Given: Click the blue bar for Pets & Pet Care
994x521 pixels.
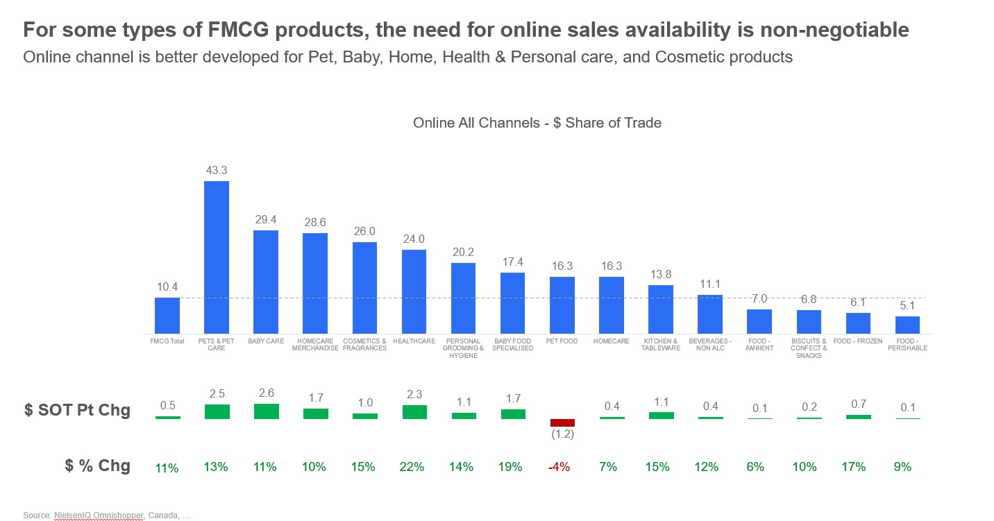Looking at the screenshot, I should [x=217, y=257].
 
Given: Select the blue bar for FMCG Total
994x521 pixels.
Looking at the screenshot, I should [x=167, y=316].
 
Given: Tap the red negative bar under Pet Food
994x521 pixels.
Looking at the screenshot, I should [x=562, y=422].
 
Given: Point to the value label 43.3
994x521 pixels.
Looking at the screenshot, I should [x=217, y=170].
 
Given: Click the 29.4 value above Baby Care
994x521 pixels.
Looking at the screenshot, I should [x=266, y=219].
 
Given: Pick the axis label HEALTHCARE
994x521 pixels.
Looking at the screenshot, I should [x=414, y=341].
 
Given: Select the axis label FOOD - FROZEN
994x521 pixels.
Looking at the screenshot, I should [x=858, y=341].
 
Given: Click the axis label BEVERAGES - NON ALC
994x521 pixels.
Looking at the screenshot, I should [x=709, y=345].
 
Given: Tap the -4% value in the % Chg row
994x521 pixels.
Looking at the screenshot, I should [x=559, y=467].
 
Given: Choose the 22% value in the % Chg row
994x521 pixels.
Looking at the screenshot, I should [x=412, y=467].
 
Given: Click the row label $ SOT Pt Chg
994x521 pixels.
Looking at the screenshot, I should [x=77, y=410].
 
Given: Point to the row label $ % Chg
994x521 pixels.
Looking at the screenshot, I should [x=98, y=466].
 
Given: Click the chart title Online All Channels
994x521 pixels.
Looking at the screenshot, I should [x=537, y=123].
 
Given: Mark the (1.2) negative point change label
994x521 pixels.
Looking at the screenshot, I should [x=562, y=434].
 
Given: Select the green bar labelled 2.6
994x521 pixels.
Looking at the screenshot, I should [x=267, y=411].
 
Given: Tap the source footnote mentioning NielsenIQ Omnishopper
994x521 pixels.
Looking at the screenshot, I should [x=106, y=515].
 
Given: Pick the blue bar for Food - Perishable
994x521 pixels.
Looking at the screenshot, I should [x=907, y=325].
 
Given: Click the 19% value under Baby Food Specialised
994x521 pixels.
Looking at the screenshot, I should [x=510, y=467].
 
